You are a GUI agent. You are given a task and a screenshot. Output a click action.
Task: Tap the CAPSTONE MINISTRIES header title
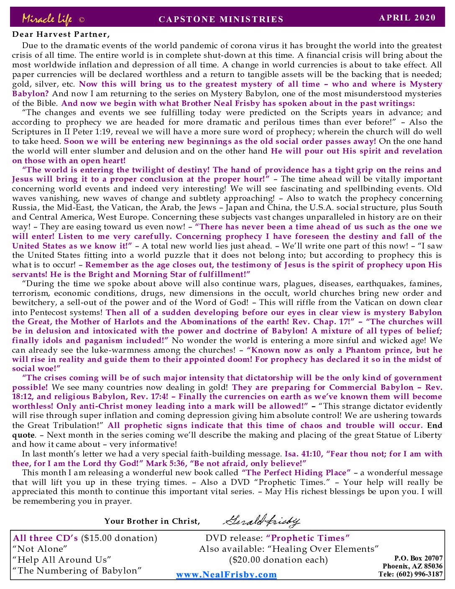(221, 19)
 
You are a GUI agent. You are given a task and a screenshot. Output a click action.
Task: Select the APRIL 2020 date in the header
(407, 18)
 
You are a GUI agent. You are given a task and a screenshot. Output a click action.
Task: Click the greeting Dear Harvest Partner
(61, 34)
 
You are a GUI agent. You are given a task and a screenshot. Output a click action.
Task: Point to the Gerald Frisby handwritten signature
(261, 521)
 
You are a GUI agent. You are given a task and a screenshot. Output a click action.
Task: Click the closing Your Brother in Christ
(152, 521)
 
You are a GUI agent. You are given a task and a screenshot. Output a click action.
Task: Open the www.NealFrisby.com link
(226, 575)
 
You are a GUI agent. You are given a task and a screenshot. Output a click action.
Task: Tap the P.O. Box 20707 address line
(418, 558)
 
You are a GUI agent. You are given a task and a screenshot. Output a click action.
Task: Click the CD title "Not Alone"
(40, 549)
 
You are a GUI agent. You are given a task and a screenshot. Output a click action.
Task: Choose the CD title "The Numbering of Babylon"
(77, 571)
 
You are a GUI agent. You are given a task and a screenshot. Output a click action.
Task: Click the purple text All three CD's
(45, 538)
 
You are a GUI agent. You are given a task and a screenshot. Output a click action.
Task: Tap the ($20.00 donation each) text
(278, 560)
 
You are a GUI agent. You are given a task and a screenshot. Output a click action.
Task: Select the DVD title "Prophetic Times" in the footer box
(308, 538)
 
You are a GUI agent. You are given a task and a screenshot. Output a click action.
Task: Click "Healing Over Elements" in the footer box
(323, 549)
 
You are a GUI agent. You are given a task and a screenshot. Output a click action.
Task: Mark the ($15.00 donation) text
(119, 538)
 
